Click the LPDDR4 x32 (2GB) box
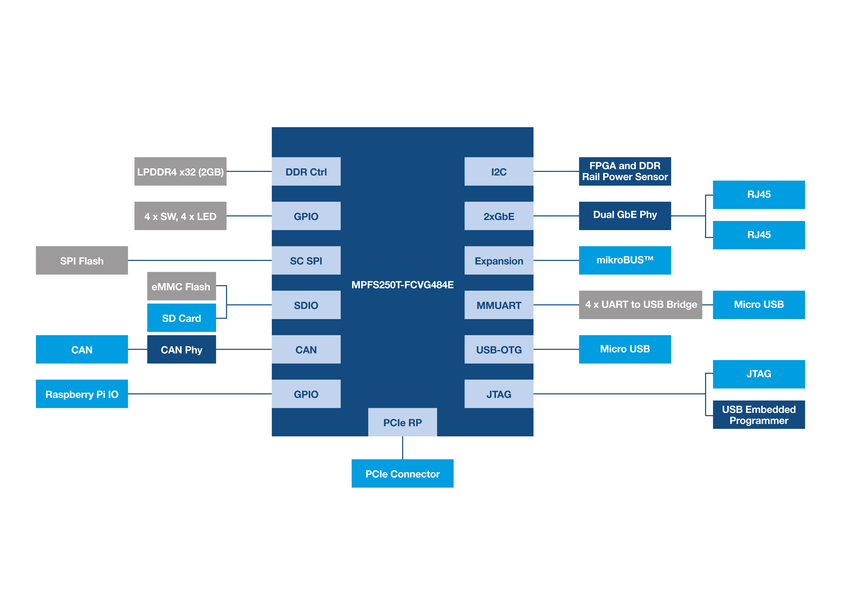click(180, 172)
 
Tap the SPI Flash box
click(82, 261)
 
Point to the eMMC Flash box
click(181, 286)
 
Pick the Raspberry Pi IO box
click(82, 394)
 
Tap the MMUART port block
click(499, 305)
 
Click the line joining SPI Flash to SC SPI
click(200, 261)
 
